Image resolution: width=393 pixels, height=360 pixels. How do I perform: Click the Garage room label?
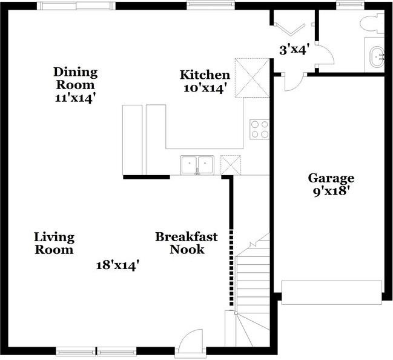[331, 178]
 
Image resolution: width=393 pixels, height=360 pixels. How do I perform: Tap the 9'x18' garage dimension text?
[331, 192]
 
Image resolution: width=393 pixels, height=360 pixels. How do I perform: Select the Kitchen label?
[205, 75]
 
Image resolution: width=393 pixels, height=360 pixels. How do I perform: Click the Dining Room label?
[76, 78]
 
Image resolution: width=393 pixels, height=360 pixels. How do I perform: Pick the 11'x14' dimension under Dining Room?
[76, 98]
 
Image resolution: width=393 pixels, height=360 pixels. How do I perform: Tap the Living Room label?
[54, 243]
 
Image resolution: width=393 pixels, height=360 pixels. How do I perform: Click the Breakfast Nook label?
[187, 243]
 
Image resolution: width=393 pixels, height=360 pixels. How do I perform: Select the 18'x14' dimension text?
[117, 265]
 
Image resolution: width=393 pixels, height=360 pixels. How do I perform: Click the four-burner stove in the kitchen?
[259, 129]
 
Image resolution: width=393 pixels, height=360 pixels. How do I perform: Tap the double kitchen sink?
[197, 165]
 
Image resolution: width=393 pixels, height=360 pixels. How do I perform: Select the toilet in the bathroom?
[372, 24]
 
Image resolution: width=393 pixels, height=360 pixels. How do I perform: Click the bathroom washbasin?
[377, 57]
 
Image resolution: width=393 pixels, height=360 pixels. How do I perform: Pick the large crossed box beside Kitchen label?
[252, 78]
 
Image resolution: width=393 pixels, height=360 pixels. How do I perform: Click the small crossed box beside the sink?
[231, 165]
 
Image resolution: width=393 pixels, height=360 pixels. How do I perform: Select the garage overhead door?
[332, 293]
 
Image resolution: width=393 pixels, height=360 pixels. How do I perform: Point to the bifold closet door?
[290, 28]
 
